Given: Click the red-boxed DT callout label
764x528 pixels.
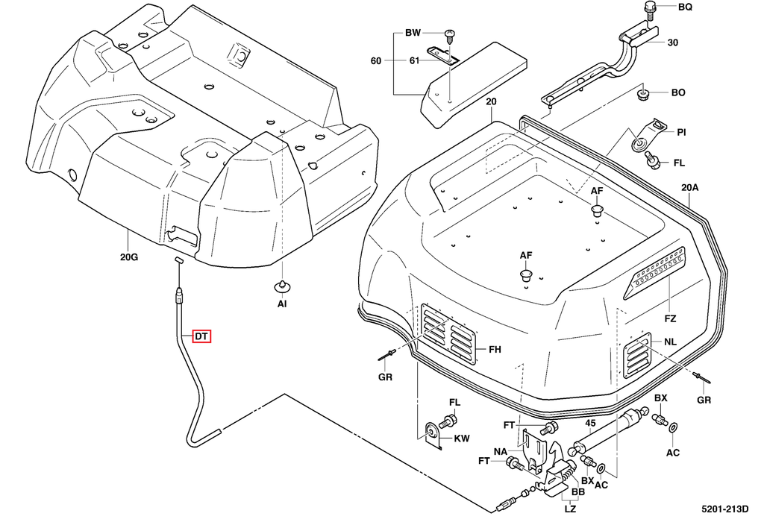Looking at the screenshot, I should (x=201, y=337).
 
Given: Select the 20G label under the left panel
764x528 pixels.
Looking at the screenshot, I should (x=128, y=258).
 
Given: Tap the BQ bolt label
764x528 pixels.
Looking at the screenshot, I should (x=685, y=7).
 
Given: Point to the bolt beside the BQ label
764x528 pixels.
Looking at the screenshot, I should (x=650, y=9).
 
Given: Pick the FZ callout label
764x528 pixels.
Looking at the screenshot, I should (x=670, y=318).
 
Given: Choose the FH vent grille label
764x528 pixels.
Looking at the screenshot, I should (x=495, y=350).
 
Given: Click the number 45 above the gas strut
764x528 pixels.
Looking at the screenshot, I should (x=590, y=424).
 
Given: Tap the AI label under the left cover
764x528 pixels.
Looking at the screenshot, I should (x=282, y=304).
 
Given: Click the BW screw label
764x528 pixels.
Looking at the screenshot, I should (x=413, y=33).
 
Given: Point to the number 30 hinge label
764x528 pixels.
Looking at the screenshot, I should (x=673, y=43).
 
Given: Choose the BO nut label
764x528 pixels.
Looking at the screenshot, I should (x=678, y=93).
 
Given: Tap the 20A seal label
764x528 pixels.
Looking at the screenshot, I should (x=689, y=188).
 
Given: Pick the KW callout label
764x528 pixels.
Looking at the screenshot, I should (x=462, y=439).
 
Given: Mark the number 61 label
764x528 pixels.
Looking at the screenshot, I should (x=413, y=61).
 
